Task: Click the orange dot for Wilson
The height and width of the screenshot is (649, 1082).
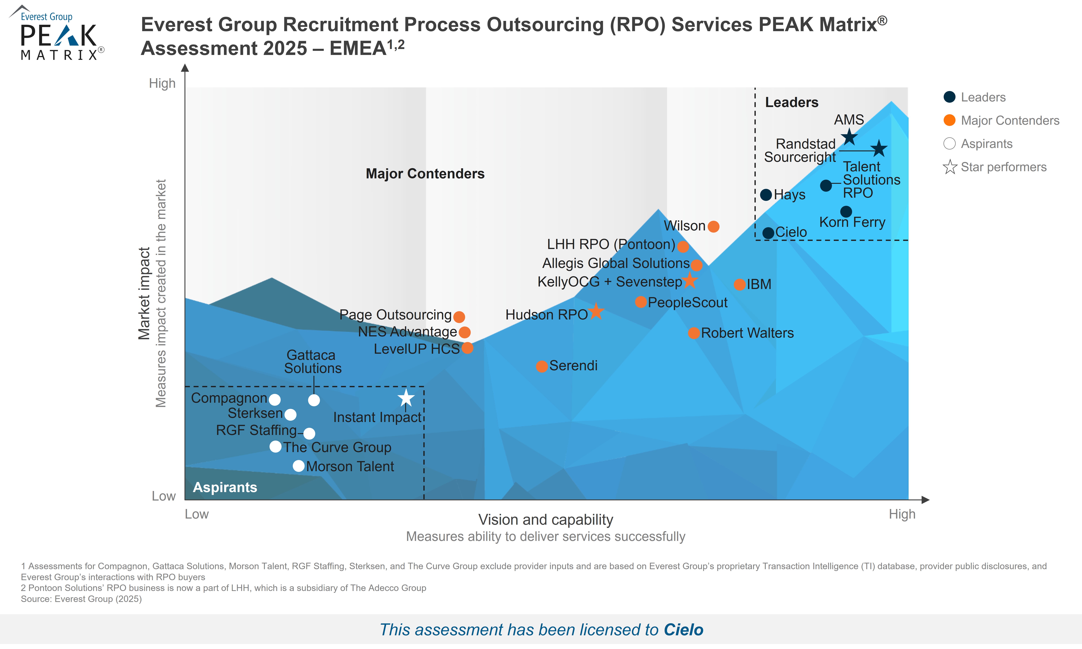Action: click(713, 226)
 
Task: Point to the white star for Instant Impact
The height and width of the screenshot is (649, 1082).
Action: click(406, 398)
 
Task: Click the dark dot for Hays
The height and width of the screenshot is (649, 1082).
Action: click(766, 195)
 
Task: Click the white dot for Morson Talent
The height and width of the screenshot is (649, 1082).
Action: click(299, 466)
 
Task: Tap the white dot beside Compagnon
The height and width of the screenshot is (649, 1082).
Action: click(275, 399)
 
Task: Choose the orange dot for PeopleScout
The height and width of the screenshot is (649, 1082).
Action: click(641, 302)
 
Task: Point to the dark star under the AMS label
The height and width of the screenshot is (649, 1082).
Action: click(849, 137)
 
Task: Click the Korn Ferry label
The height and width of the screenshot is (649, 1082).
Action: click(852, 222)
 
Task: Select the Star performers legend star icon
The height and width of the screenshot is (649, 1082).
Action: click(950, 167)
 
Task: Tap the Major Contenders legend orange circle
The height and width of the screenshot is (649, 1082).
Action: click(950, 120)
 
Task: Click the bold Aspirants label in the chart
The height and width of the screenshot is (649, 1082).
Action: click(225, 487)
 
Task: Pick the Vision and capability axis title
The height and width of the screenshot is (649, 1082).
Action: click(546, 520)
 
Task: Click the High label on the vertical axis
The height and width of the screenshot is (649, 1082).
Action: click(162, 83)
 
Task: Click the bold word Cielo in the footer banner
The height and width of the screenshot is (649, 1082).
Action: click(683, 630)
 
